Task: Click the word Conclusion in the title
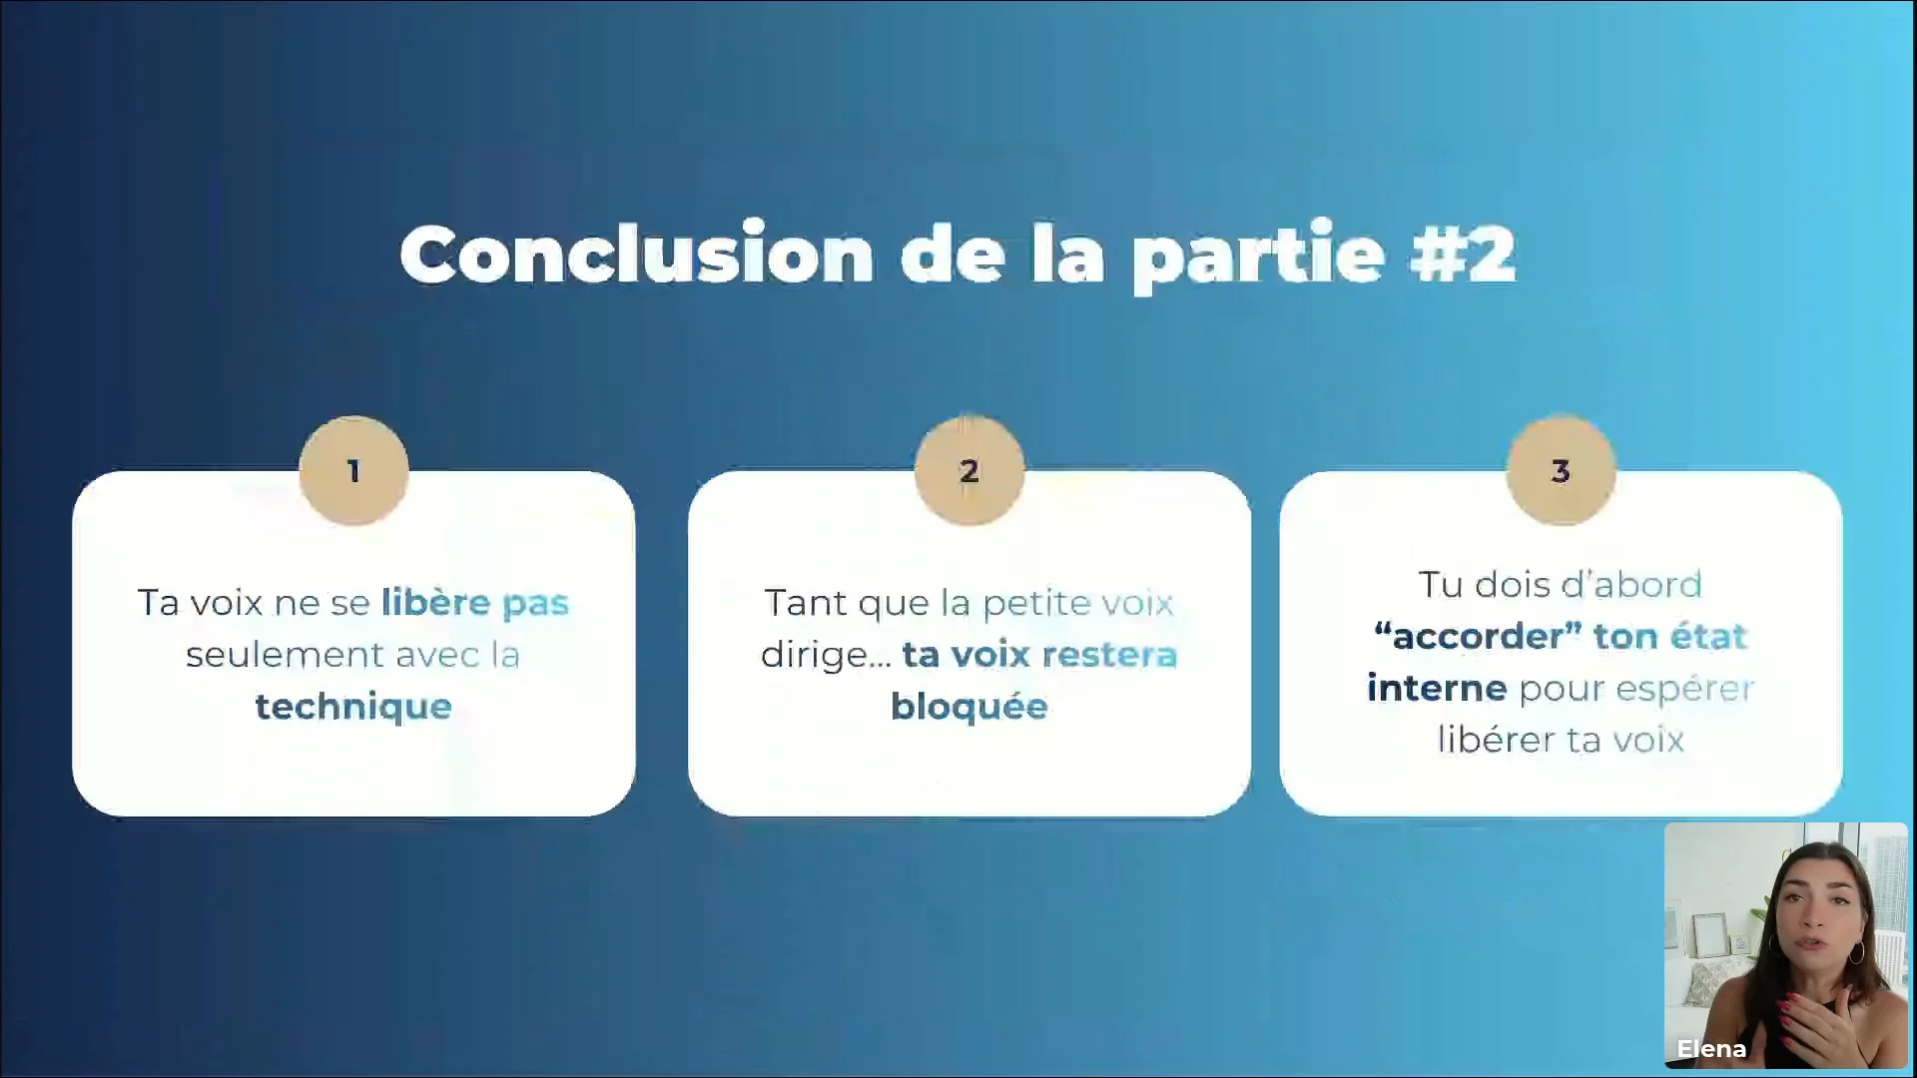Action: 637,255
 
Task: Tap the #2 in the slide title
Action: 1463,255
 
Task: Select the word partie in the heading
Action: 1259,258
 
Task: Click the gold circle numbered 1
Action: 353,470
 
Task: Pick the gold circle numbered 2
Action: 968,470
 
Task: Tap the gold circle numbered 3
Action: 1561,470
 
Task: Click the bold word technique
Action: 353,708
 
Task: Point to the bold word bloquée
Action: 968,707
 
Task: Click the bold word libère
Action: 436,602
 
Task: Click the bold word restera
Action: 1109,656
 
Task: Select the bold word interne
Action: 1437,688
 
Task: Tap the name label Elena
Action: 1711,1049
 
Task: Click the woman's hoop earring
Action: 1856,952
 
